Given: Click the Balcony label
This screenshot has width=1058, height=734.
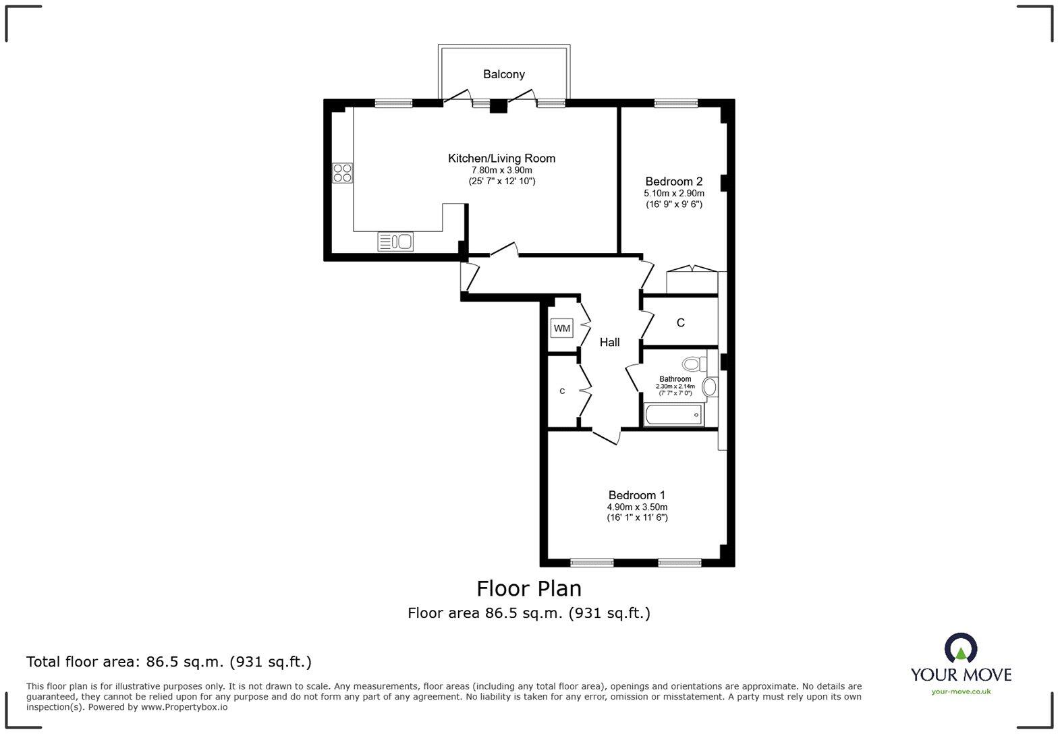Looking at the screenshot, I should coord(503,74).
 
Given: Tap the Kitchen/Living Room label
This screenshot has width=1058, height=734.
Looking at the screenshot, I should coord(501,159).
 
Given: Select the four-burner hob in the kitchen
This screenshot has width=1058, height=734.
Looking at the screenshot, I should coord(342,173).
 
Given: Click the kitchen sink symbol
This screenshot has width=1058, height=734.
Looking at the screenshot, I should coord(395,241).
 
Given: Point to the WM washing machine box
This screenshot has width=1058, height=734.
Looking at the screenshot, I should coord(561,329).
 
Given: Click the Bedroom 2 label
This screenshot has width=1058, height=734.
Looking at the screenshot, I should coord(673,181).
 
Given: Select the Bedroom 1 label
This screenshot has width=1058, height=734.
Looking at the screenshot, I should coord(636,495).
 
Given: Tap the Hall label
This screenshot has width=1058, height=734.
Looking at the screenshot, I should coord(609,343).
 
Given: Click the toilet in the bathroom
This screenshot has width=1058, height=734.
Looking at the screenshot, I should coord(692,364).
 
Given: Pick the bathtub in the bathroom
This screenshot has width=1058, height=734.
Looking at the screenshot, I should coord(673,415).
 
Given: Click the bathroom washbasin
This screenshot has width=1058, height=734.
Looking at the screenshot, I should coord(709,387).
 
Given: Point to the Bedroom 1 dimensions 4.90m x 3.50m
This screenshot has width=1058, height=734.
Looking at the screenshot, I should coord(637,507).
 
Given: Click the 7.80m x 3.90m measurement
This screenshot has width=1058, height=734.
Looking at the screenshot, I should coord(501,171).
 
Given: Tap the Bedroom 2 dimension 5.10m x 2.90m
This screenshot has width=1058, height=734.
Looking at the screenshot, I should coord(673,194).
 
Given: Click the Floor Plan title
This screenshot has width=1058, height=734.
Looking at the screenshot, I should coord(528,588).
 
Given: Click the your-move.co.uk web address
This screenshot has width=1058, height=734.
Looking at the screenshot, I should coord(960,691).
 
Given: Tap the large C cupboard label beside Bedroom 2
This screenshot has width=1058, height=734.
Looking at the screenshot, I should coord(680,323).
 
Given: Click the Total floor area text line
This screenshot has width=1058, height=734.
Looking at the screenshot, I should coord(169,662).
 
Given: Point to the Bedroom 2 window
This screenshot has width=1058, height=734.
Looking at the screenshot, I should coord(675,103).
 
